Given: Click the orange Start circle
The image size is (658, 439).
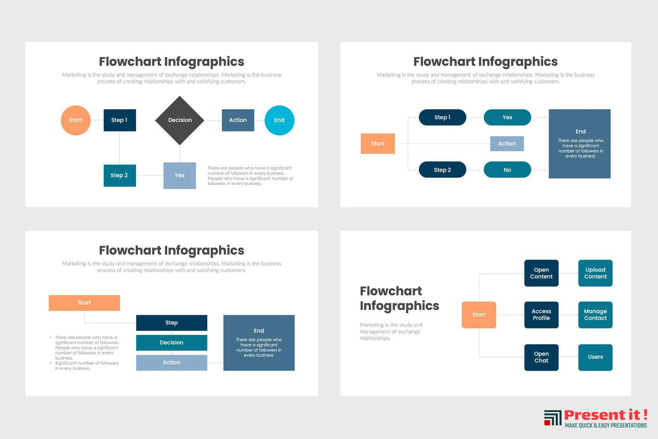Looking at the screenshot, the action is click(x=76, y=120).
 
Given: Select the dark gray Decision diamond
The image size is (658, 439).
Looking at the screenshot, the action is click(x=180, y=120).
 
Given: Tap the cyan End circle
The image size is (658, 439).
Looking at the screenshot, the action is click(x=279, y=120).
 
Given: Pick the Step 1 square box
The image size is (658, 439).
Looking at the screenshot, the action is click(x=120, y=120).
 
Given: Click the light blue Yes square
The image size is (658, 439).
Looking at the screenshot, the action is click(x=180, y=175).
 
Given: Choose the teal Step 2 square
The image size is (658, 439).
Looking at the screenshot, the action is click(x=120, y=175).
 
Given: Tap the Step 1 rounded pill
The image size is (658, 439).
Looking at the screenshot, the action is click(x=443, y=117).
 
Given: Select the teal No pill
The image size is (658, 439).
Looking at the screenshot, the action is click(x=507, y=169).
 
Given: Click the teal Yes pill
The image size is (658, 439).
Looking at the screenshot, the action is click(x=507, y=117).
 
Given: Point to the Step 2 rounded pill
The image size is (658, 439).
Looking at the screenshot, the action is click(x=443, y=169).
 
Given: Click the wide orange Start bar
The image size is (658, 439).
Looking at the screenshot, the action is click(x=84, y=303).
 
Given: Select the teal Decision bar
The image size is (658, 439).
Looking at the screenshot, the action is click(x=172, y=342).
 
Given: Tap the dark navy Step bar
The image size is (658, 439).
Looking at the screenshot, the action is click(x=172, y=322).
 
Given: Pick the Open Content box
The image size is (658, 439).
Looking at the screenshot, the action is click(x=541, y=273).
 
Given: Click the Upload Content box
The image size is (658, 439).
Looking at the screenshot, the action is click(x=596, y=273).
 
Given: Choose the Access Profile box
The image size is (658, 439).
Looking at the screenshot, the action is click(x=541, y=315).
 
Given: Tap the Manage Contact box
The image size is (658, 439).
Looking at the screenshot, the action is click(x=596, y=315).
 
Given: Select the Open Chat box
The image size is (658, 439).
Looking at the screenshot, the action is click(x=541, y=357).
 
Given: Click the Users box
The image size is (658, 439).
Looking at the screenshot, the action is click(x=596, y=357).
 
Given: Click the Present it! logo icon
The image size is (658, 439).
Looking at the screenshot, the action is click(x=552, y=418).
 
